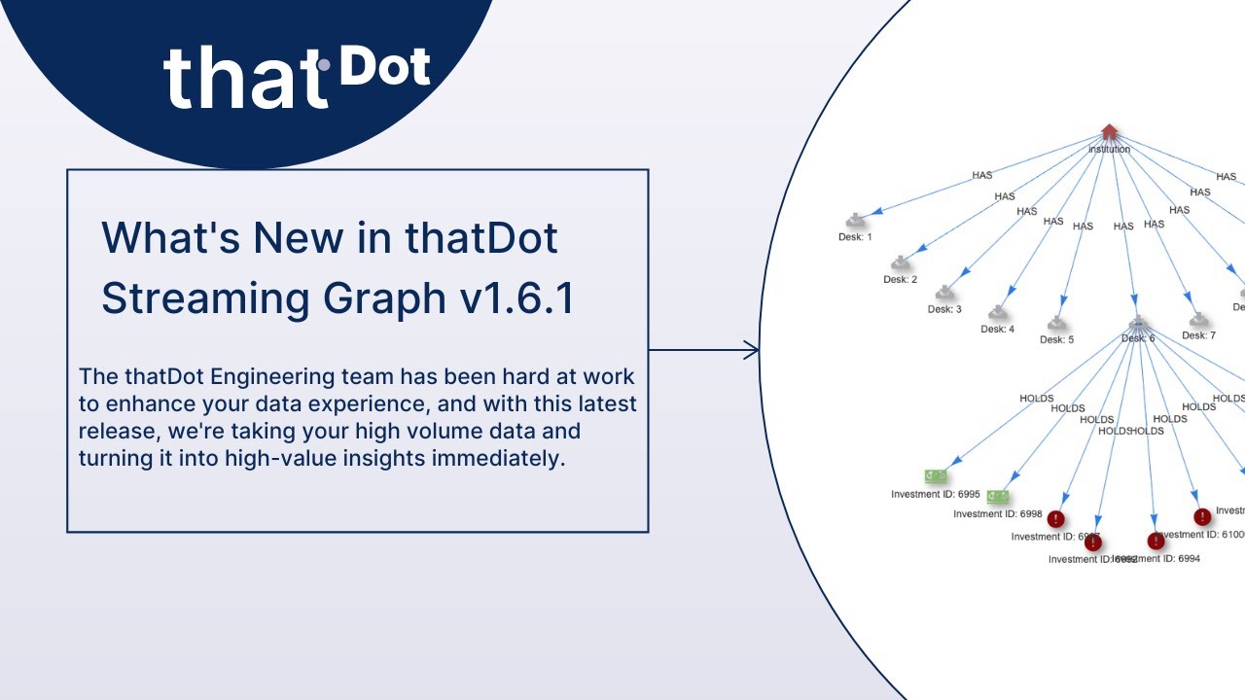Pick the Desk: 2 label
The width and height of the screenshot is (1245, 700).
click(x=901, y=280)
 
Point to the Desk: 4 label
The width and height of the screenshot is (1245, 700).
click(x=997, y=329)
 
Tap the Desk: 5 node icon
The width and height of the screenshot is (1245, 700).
click(x=1056, y=324)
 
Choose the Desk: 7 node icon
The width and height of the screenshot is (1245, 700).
click(x=1198, y=320)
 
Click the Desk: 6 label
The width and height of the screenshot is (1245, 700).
click(x=1137, y=338)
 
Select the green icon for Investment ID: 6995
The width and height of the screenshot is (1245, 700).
click(x=936, y=475)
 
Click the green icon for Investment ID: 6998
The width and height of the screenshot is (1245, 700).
click(x=997, y=497)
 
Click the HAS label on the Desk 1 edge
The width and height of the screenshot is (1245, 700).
click(x=982, y=176)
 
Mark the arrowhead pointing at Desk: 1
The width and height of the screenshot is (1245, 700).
click(x=878, y=212)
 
